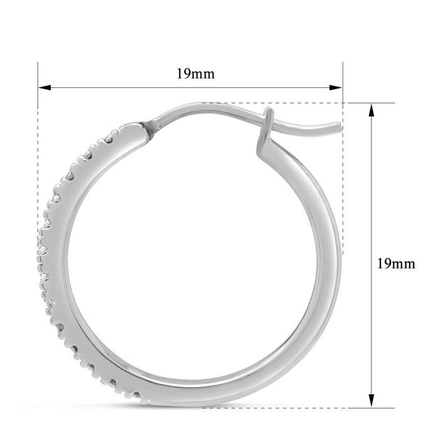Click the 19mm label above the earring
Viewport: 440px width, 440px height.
pos(195,74)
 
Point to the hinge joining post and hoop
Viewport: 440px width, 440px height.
pos(151,127)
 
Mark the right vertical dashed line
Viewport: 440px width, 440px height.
pos(343,189)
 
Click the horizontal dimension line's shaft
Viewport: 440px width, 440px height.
pos(126,87)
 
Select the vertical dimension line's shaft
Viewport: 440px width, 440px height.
pos(371,189)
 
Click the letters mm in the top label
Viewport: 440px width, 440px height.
pos(204,74)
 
